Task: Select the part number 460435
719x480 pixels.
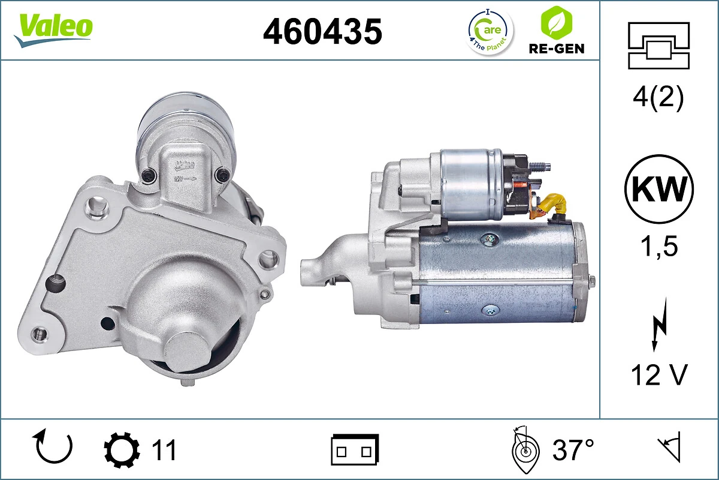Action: point(322,31)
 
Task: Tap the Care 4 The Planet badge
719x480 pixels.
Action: point(490,31)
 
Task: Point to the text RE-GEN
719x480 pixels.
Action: point(555,49)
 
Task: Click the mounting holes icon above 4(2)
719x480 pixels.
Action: point(658,46)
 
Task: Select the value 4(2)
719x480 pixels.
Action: point(658,98)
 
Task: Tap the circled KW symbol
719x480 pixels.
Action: point(658,190)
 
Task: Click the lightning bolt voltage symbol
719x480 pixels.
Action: point(658,329)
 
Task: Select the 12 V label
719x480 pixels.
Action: point(658,376)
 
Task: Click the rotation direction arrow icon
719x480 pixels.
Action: point(54,447)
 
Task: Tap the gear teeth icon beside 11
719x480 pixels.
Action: point(122,449)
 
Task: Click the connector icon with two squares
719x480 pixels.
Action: point(355,449)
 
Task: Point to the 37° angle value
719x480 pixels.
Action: point(573,449)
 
